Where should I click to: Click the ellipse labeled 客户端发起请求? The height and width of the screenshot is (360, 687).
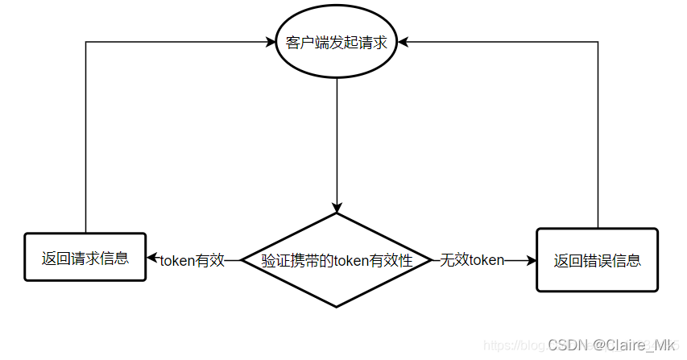click(337, 43)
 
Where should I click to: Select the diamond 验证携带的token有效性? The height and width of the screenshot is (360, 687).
click(337, 260)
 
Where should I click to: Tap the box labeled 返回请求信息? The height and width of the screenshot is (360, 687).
click(85, 258)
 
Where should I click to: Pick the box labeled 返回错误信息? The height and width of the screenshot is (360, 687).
click(597, 259)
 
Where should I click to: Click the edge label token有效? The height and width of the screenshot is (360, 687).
click(192, 260)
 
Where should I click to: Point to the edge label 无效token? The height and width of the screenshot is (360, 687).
click(472, 260)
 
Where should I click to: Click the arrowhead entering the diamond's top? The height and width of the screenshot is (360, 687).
click(337, 207)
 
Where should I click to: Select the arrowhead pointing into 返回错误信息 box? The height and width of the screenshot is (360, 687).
click(531, 260)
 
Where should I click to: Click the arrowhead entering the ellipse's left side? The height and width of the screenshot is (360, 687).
click(269, 43)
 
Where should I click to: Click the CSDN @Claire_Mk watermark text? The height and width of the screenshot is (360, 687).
click(611, 345)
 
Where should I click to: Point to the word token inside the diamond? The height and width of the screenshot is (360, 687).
click(350, 260)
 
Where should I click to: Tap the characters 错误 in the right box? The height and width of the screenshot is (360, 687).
click(597, 260)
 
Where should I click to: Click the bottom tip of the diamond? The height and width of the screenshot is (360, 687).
click(337, 306)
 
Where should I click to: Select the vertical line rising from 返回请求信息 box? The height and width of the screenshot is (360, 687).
click(85, 137)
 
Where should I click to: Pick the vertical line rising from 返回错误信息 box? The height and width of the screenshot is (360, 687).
click(598, 137)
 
